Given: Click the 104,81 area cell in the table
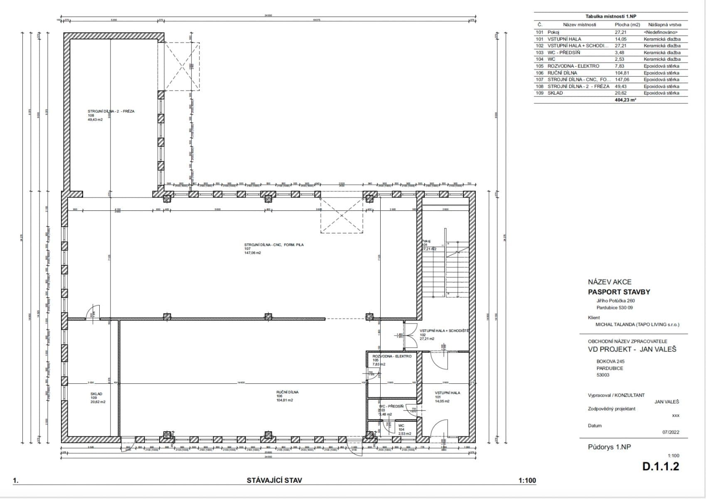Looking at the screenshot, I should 622,73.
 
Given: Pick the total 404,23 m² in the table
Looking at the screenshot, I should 625,100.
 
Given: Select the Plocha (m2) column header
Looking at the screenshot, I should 627,25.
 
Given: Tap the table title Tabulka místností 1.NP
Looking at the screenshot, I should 610,16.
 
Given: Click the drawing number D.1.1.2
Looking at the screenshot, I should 660,466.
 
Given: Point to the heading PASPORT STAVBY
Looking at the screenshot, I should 619,292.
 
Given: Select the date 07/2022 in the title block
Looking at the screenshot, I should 670,432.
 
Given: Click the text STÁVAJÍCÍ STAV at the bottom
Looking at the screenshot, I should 274,480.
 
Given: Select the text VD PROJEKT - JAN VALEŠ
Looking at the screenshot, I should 632,349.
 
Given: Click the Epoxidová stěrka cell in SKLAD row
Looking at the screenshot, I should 661,93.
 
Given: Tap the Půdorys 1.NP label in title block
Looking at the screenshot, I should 609,447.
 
